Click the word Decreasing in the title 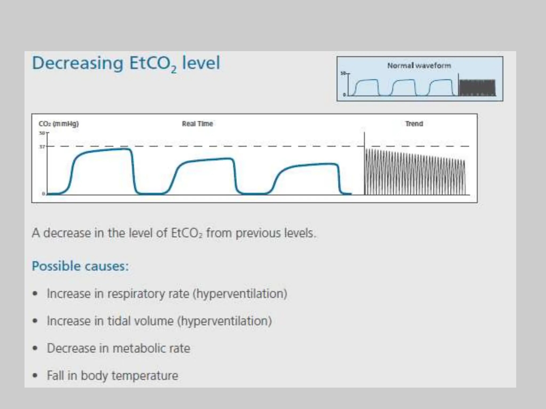[77, 63]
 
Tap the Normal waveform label [419, 66]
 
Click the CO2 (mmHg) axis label [59, 124]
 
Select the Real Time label [197, 124]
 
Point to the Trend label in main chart [414, 124]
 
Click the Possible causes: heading [80, 266]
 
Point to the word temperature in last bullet [145, 376]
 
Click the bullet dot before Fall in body [35, 376]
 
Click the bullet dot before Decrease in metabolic [35, 348]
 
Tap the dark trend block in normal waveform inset [477, 88]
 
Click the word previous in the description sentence [258, 233]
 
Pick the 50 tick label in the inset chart [343, 73]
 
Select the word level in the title [201, 63]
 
